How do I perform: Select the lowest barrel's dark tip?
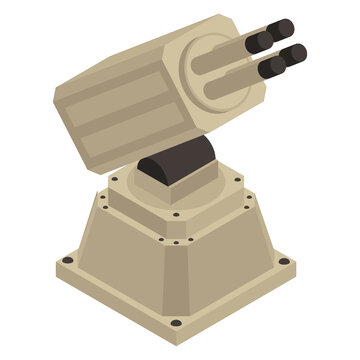272,68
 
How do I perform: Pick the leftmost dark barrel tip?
258,43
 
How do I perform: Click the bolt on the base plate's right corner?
283,261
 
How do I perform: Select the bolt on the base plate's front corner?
176,322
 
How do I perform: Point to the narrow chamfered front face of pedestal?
175,280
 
